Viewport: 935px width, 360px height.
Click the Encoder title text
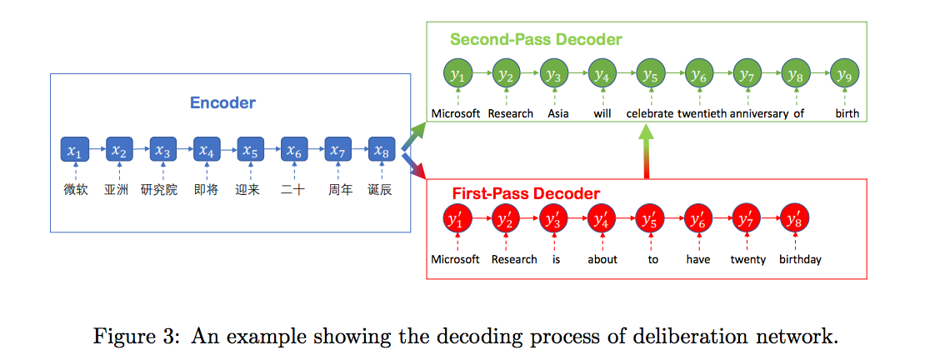222,103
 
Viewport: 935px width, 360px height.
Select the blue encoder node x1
75,151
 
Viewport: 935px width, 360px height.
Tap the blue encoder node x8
381,151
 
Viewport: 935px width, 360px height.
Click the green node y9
845,74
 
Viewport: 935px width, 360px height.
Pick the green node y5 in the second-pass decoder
651,74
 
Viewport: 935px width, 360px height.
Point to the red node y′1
456,220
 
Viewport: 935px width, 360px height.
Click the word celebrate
650,113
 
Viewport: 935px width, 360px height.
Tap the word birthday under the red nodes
800,259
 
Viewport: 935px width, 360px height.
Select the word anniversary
758,113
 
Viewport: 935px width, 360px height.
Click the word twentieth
702,113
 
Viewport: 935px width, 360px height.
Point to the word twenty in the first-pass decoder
747,259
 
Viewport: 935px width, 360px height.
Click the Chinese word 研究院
159,190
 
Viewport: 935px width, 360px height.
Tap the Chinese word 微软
75,190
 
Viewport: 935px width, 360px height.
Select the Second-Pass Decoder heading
536,39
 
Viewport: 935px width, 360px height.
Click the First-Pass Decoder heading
525,194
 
